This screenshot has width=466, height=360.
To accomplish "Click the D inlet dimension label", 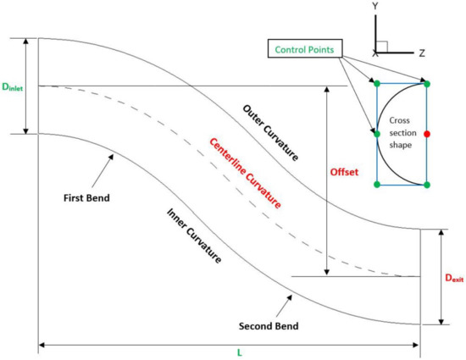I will (14, 86).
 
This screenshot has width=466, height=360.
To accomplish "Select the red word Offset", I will (344, 172).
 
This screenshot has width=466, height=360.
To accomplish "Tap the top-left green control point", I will (376, 84).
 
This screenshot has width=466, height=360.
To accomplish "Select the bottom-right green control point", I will (427, 184).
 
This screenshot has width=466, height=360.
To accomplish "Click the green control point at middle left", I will (376, 134).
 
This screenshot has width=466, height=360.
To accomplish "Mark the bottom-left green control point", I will (376, 184).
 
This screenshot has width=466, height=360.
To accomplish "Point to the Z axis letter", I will (421, 53).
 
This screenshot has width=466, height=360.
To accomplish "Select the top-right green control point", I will (427, 84).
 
